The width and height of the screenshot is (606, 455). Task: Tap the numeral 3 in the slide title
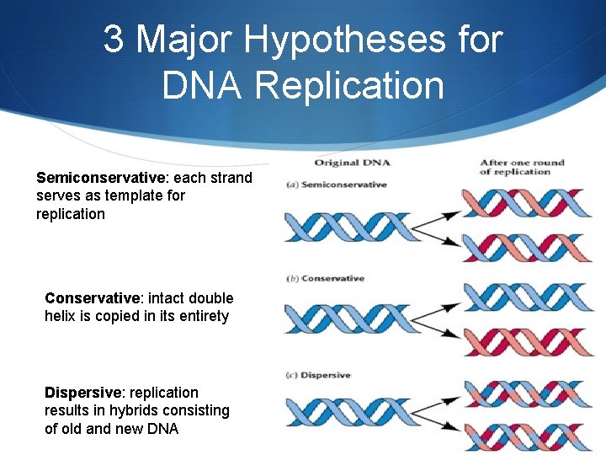114,40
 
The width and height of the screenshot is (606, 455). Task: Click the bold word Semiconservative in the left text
101,178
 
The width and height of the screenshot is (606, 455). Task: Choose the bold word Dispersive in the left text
83,393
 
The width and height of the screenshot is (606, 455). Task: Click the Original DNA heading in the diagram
353,163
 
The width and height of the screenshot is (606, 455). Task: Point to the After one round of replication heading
522,167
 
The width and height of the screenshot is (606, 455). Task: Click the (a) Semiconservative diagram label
337,185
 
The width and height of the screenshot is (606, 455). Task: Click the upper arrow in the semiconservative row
439,214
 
